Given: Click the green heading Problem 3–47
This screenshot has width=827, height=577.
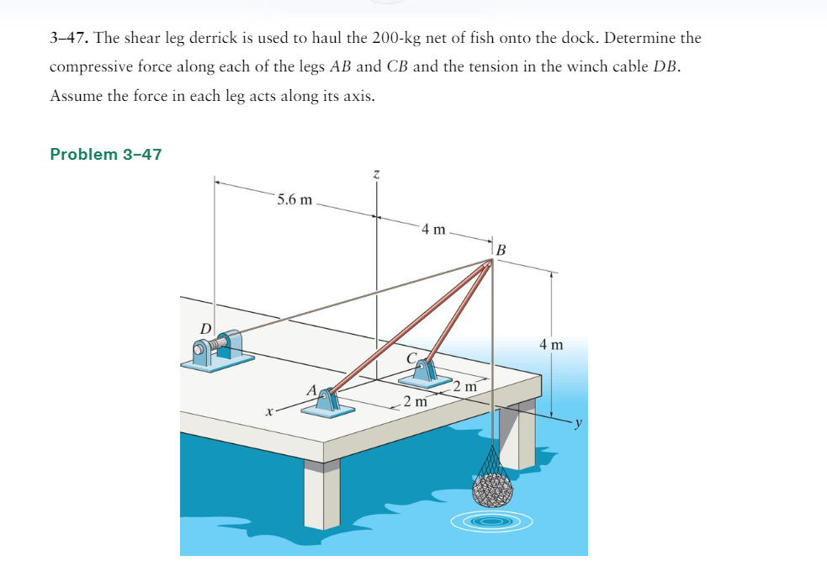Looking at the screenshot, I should click(106, 154).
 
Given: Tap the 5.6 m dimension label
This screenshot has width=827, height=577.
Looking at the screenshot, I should click(294, 199).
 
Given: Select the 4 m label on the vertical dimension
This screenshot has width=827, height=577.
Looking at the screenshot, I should click(552, 344).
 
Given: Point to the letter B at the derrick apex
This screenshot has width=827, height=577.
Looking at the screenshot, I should click(502, 249).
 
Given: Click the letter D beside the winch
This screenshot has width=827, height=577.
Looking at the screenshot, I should click(204, 326).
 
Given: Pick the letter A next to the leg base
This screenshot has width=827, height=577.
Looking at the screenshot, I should click(311, 390).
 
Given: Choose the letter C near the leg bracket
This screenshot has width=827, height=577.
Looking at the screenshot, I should click(411, 358).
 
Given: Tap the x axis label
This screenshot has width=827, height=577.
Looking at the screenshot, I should click(268, 412).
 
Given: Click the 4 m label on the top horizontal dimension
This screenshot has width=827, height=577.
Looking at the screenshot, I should click(435, 229).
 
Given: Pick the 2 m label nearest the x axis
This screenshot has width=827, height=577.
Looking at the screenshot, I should click(414, 401).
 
